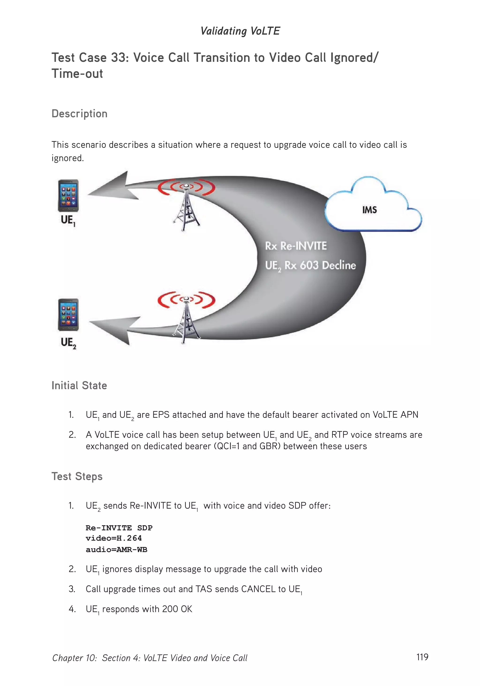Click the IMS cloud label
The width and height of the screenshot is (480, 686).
[369, 210]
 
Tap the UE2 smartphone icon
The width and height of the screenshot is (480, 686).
[68, 315]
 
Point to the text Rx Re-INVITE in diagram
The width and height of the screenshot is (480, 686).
[296, 246]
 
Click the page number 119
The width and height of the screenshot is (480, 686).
[422, 657]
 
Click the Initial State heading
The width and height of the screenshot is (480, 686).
[79, 385]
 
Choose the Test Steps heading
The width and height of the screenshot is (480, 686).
[77, 476]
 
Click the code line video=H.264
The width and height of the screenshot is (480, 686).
[113, 538]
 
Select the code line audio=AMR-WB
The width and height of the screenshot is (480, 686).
[116, 550]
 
